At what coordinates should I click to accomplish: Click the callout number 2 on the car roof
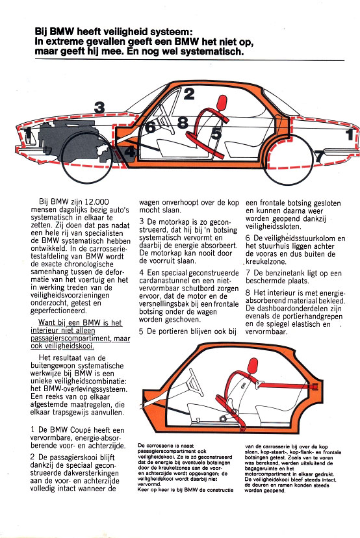coord(188,94)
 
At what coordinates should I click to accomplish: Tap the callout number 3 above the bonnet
coord(99,107)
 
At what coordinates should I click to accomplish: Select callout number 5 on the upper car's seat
coord(216,133)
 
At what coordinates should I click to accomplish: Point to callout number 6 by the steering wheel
coord(150,127)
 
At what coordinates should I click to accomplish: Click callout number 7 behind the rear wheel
coord(319,157)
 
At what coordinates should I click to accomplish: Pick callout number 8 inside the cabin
coord(183,123)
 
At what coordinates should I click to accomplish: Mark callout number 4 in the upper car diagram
coord(129,151)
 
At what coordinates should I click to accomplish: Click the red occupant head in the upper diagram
coord(222,102)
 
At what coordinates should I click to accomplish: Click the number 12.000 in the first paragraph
coord(97,201)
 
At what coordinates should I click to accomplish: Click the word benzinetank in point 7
coord(285,273)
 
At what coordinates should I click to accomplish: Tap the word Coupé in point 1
coord(81,430)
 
